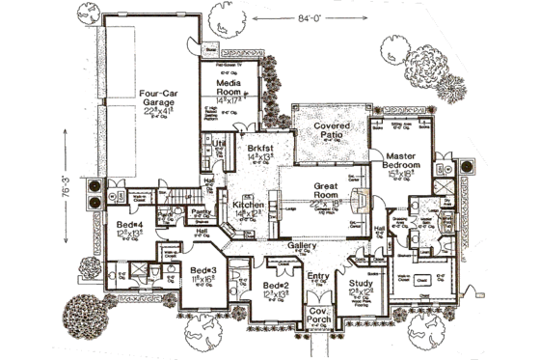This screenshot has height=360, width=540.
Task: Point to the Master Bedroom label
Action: click(400, 160)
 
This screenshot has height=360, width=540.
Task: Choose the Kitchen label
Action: click(245, 206)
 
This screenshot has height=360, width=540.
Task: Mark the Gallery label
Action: click(300, 246)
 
